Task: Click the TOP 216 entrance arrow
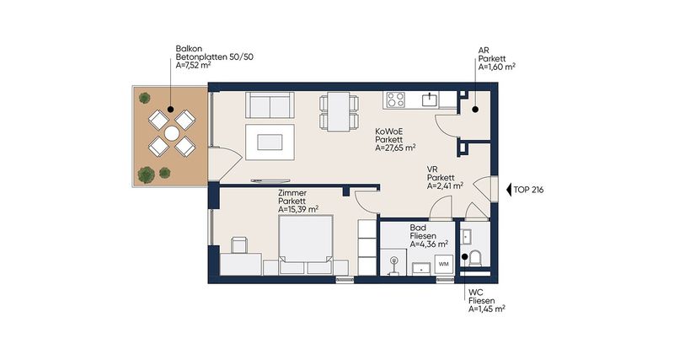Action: tap(509, 190)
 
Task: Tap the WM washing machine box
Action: tap(444, 264)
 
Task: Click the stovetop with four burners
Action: tap(395, 99)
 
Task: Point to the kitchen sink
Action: tap(429, 99)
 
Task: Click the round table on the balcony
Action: tap(172, 134)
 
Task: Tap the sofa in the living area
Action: tap(270, 105)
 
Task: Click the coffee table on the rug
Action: tap(270, 142)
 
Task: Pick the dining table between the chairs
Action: tap(340, 111)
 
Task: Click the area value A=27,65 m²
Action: tap(395, 148)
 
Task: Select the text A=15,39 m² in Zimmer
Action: tap(298, 209)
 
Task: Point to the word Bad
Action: tap(417, 228)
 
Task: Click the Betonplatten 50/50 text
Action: tap(215, 57)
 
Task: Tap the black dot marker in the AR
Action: tap(475, 110)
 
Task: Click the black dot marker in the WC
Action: tap(465, 257)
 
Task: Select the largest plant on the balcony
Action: tap(146, 175)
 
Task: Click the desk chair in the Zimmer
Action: tap(239, 244)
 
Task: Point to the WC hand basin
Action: tap(466, 236)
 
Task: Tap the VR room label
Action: tap(432, 169)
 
